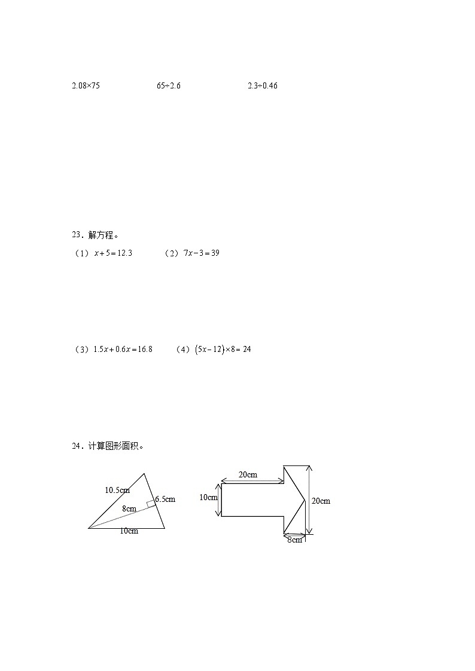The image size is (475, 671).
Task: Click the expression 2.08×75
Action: tap(86, 85)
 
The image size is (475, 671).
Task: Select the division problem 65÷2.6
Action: tap(169, 85)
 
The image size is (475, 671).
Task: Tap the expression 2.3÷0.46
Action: tap(263, 85)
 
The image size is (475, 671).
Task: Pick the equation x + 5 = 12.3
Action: tap(113, 253)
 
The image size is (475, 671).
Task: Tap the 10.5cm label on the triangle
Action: tap(117, 491)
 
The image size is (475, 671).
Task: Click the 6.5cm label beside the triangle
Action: tap(165, 499)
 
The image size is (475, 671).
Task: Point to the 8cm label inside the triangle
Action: tap(129, 508)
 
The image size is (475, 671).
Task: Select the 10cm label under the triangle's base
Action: tap(129, 531)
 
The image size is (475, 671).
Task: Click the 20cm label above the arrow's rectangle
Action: tap(248, 474)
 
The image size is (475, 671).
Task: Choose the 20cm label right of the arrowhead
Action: tap(321, 501)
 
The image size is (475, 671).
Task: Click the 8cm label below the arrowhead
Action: tap(294, 540)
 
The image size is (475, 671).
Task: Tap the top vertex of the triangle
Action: tap(144, 474)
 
